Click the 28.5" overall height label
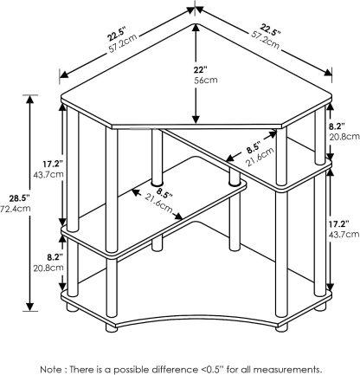click(x=19, y=198)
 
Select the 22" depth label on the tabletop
click(x=200, y=70)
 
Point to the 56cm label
click(x=205, y=80)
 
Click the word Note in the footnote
click(x=50, y=361)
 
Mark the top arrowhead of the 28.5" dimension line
click(x=30, y=100)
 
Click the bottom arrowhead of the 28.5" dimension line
click(x=30, y=307)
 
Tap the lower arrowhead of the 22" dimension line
click(x=196, y=120)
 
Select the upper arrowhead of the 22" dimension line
click(x=196, y=28)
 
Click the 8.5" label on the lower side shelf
click(x=165, y=192)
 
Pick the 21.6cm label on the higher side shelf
click(x=260, y=158)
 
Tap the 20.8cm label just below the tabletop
click(x=345, y=137)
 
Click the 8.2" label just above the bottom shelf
click(x=55, y=256)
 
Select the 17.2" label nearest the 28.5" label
click(x=53, y=165)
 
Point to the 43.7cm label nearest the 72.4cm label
click(x=48, y=175)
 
